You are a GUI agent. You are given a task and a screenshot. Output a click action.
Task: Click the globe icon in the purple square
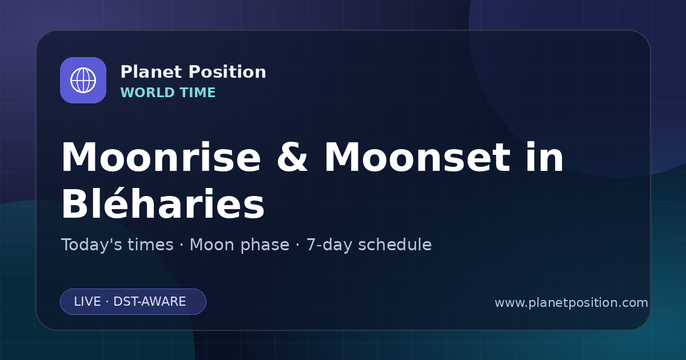click(83, 80)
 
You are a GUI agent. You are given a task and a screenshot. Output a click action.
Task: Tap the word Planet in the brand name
click(151, 72)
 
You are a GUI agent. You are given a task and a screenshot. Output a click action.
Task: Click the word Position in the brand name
click(228, 72)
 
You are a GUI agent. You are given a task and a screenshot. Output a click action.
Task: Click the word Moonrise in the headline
click(161, 157)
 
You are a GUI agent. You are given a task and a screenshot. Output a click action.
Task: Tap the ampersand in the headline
click(292, 157)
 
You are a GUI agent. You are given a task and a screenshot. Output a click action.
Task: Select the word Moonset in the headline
click(417, 157)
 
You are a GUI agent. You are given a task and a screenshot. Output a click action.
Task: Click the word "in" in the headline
click(544, 156)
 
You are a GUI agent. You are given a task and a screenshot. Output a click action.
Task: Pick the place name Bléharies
click(163, 203)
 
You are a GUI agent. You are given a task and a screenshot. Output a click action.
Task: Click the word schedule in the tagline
click(395, 245)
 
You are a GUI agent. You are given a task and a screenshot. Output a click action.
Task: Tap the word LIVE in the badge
click(87, 302)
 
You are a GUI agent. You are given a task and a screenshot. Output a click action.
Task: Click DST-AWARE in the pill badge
click(149, 302)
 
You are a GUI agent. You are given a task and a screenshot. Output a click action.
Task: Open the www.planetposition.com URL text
click(571, 303)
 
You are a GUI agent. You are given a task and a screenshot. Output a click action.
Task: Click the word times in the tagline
click(151, 245)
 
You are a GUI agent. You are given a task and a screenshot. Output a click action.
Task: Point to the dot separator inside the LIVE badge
click(107, 302)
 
